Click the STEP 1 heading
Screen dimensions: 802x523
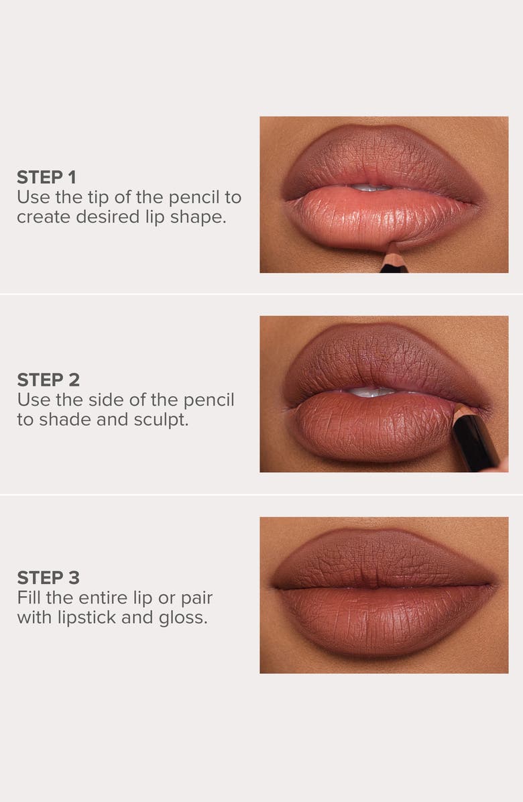pos(46,178)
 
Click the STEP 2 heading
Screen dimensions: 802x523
pos(48,380)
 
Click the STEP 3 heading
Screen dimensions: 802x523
pos(48,577)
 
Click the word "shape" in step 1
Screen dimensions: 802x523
pos(199,217)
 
